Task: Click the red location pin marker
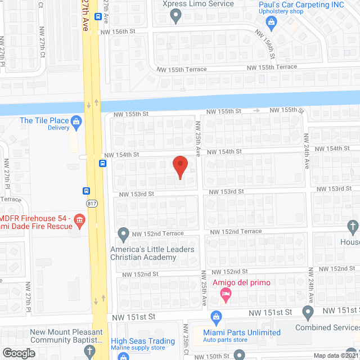point(179,167)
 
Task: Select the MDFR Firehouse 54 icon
point(79,218)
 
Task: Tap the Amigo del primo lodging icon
point(224,293)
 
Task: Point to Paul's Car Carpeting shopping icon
point(272,22)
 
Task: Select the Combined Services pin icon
point(308,312)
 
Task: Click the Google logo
point(19,353)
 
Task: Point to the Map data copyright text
point(335,355)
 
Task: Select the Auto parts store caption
point(225,340)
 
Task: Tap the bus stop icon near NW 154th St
point(102,164)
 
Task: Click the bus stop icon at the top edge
point(98,16)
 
